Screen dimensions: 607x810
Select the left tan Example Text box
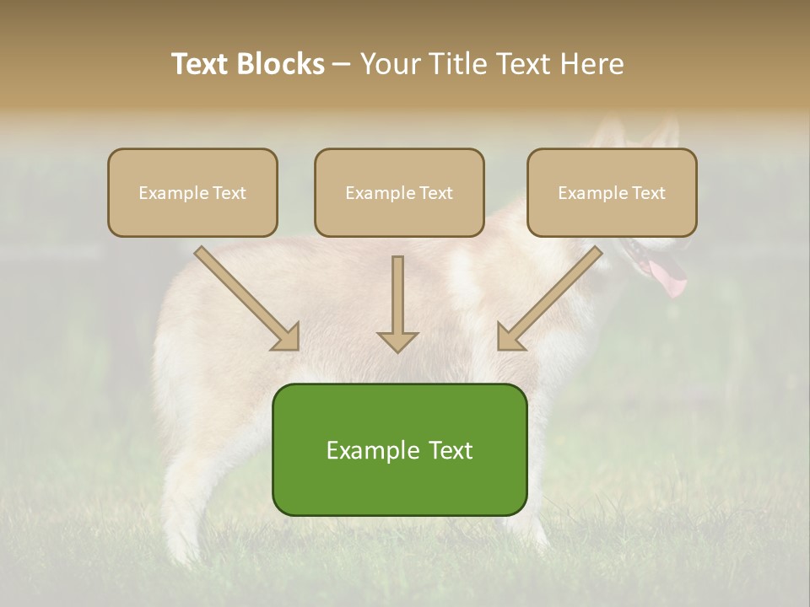192,192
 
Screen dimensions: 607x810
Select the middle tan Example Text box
399,192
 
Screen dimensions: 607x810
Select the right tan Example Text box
612,192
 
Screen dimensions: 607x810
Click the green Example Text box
399,449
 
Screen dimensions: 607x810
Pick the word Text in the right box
649,192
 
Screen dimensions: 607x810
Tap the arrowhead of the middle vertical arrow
397,341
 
